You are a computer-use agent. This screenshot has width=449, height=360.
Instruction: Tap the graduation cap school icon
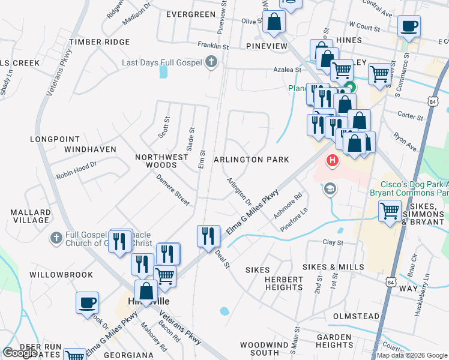tap(329, 190)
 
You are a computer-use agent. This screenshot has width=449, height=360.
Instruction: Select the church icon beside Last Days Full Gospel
tap(211, 61)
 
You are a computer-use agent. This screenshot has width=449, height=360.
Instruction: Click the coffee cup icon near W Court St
tap(409, 27)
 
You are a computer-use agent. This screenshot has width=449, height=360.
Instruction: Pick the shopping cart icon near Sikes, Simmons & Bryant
tap(390, 211)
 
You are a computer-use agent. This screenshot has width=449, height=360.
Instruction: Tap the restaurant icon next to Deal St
tap(208, 235)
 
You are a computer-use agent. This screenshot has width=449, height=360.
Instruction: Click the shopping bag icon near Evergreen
tap(274, 22)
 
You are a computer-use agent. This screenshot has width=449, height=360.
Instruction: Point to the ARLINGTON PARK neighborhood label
tap(252, 160)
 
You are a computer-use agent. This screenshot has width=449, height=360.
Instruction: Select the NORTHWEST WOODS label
tap(155, 160)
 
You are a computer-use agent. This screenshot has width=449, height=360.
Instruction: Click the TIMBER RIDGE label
tap(99, 42)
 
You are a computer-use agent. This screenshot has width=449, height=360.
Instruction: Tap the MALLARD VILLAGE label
tap(31, 216)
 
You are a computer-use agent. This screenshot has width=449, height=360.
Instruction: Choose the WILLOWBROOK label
tap(61, 275)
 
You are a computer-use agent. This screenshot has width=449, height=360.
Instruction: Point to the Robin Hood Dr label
tap(76, 170)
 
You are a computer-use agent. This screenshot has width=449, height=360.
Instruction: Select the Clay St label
tap(333, 243)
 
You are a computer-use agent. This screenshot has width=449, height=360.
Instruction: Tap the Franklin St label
tap(213, 45)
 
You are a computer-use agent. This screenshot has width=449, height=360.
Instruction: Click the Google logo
tap(19, 352)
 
